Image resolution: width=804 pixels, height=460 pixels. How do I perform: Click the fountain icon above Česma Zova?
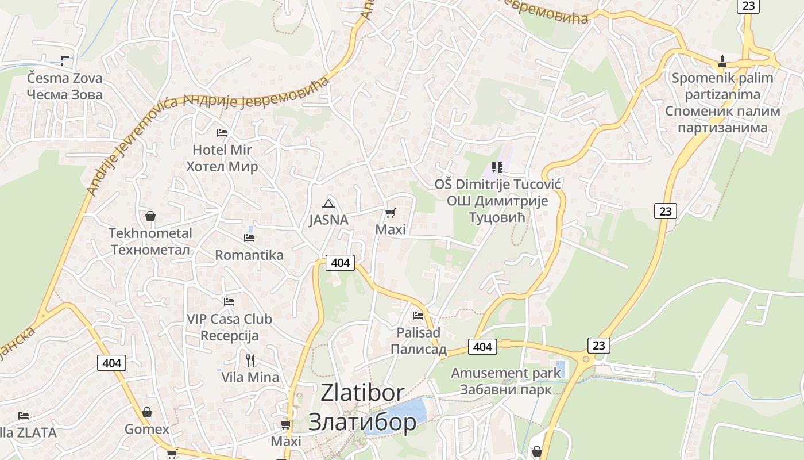tap(65, 60)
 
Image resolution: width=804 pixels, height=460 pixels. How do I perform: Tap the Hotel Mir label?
tap(222, 150)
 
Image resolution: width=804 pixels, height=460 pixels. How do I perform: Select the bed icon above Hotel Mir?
tap(222, 133)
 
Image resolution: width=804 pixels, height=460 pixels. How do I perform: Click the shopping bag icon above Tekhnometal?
tap(150, 216)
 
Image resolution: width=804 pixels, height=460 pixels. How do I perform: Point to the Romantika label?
tap(249, 255)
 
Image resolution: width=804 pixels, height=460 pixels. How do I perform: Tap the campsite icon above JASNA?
tap(328, 203)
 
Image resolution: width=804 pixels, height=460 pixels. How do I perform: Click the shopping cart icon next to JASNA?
tap(391, 213)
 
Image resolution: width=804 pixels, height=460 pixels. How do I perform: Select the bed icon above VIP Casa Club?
tap(229, 301)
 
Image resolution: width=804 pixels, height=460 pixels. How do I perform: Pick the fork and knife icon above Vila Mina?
tap(250, 361)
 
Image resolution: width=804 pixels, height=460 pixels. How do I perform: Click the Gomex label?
tap(147, 430)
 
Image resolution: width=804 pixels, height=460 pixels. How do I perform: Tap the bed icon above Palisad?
tap(418, 315)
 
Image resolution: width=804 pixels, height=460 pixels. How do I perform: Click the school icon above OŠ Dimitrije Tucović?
tap(497, 167)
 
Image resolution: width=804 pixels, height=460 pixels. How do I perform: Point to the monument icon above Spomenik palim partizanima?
tap(722, 60)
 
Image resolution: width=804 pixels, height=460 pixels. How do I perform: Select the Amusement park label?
tap(505, 373)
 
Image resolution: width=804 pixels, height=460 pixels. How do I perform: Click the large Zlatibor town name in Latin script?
tap(362, 393)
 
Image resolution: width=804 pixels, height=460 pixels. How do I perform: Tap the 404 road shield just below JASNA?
tap(340, 263)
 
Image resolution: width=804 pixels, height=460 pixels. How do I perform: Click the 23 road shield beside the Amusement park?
tap(598, 345)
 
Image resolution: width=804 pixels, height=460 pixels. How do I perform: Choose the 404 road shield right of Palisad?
tap(482, 347)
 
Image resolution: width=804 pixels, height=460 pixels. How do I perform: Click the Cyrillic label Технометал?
tap(150, 250)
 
